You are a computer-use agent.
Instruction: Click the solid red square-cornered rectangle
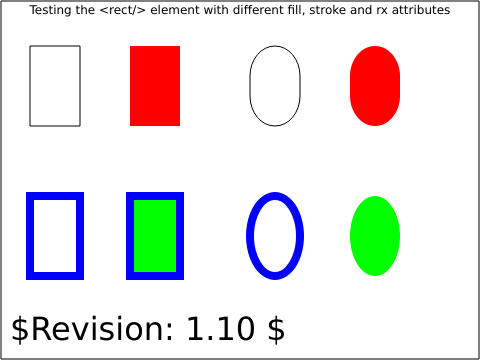pyautogui.click(x=155, y=86)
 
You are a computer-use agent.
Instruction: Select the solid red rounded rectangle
pyautogui.click(x=375, y=86)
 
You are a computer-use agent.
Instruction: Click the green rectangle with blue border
pyautogui.click(x=155, y=236)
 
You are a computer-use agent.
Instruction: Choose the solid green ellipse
pyautogui.click(x=375, y=236)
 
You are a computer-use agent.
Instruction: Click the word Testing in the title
pyautogui.click(x=51, y=10)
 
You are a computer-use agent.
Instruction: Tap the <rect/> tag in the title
pyautogui.click(x=123, y=10)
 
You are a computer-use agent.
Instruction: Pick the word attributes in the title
pyautogui.click(x=421, y=10)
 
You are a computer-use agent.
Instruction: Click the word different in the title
pyautogui.click(x=261, y=10)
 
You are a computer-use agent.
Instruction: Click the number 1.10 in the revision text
pyautogui.click(x=221, y=329)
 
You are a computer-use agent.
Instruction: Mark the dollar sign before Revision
pyautogui.click(x=20, y=329)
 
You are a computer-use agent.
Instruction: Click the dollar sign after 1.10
pyautogui.click(x=276, y=329)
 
